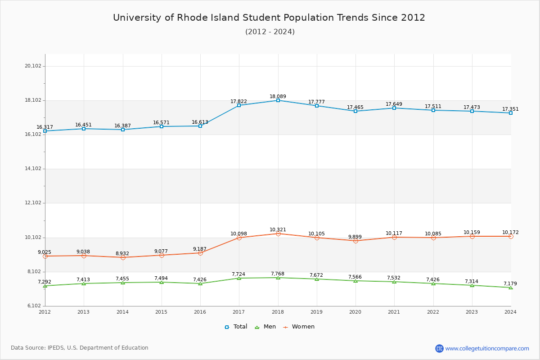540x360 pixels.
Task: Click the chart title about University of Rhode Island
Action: (x=269, y=18)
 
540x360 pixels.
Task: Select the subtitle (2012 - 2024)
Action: (x=270, y=32)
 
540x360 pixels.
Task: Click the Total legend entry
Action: (x=236, y=327)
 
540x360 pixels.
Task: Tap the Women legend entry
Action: (x=299, y=327)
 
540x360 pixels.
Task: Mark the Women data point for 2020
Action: (x=355, y=241)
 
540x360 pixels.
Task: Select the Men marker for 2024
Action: (x=511, y=288)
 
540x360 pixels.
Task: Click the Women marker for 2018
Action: (x=278, y=234)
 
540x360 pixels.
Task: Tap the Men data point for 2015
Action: (x=162, y=282)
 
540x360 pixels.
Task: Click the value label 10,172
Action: (x=510, y=233)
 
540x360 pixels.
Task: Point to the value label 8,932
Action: (x=122, y=254)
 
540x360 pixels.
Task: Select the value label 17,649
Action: (x=394, y=104)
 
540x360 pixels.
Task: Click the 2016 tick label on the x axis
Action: (x=200, y=312)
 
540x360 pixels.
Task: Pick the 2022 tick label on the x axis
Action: (x=433, y=312)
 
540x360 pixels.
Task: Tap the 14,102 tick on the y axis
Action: (x=33, y=169)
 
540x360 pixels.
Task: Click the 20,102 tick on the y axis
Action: (x=33, y=66)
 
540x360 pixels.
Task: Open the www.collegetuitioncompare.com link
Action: (x=487, y=348)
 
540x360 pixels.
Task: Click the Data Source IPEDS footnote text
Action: (x=80, y=348)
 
